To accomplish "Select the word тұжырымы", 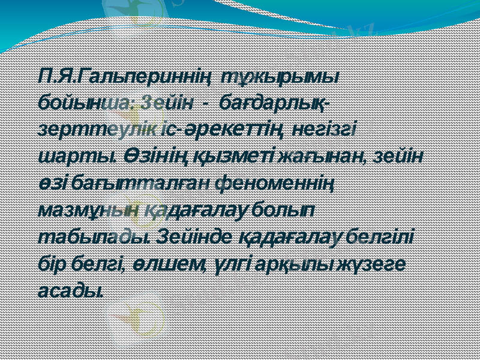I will pyautogui.click(x=280, y=77).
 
